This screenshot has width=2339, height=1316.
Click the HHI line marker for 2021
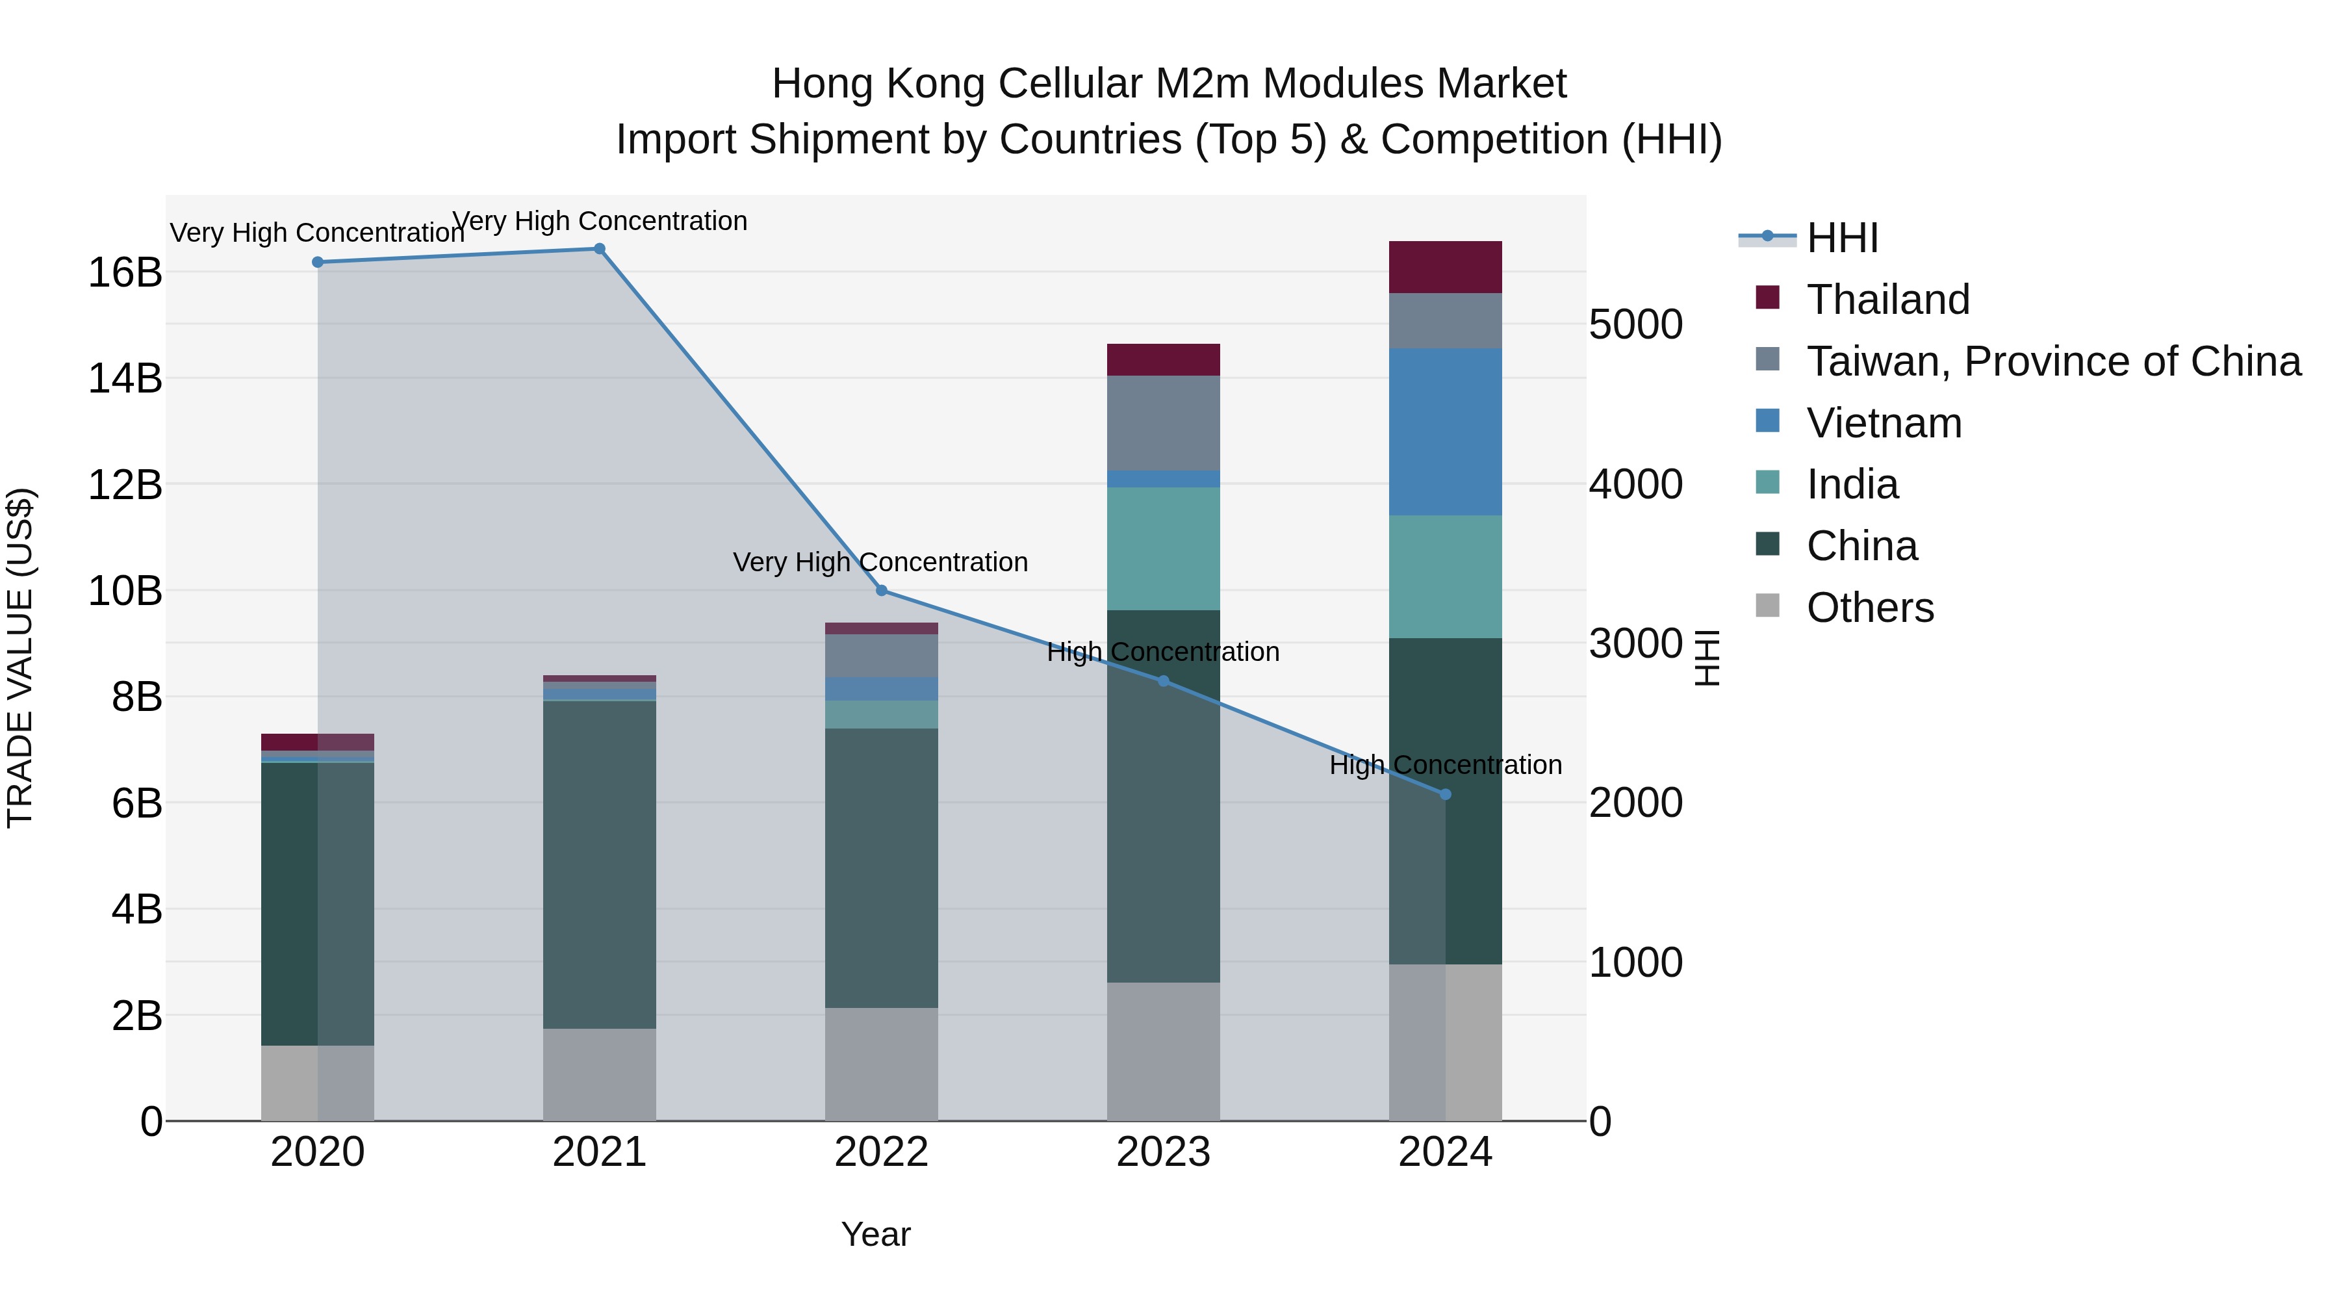pos(599,249)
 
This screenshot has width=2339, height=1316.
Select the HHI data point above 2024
pos(1446,795)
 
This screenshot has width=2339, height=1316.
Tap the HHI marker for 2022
pos(881,591)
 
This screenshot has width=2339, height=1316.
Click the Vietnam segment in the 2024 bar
pos(1446,432)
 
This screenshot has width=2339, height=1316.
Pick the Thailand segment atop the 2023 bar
pos(1163,359)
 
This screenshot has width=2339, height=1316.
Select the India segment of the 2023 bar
pos(1163,548)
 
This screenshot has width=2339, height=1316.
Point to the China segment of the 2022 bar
pos(881,868)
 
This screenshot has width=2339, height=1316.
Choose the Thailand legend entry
pos(1887,300)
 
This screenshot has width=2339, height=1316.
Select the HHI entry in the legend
pos(1841,238)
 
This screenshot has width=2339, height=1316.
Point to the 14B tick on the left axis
pos(124,378)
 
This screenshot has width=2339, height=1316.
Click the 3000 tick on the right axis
pos(1635,644)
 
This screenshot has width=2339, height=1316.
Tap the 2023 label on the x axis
pos(1163,1152)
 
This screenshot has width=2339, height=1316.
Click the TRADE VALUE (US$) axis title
pos(20,658)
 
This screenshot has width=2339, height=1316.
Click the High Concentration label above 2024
pos(1446,766)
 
